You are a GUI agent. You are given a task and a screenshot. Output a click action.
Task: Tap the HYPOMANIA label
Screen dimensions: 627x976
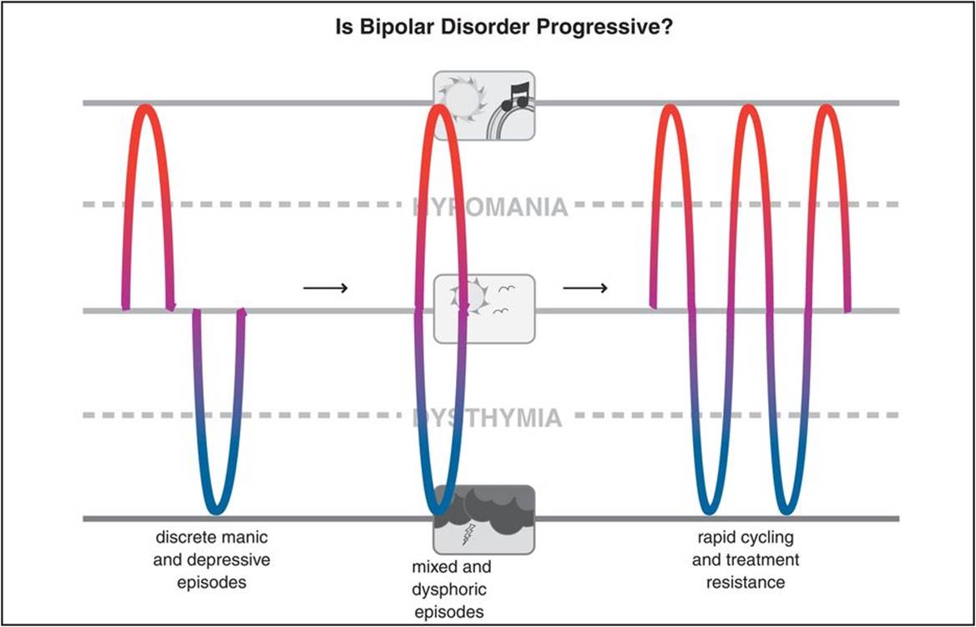click(x=490, y=206)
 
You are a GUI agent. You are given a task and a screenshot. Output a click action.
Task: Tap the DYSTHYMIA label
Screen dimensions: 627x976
click(x=487, y=417)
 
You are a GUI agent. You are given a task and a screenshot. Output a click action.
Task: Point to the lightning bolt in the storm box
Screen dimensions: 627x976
click(x=468, y=533)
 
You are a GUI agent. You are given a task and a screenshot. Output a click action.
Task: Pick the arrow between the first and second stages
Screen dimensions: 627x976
click(x=324, y=288)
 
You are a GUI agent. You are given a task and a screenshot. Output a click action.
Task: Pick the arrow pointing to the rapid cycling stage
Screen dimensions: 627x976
click(x=585, y=288)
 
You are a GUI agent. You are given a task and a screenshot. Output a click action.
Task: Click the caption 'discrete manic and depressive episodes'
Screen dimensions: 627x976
click(x=212, y=559)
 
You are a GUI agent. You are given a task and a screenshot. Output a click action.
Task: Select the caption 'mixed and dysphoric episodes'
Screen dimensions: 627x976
click(x=450, y=589)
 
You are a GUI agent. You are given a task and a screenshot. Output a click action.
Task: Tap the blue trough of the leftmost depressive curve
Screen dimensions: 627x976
click(x=215, y=508)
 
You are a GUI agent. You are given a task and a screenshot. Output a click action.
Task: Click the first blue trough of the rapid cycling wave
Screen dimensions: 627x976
click(x=708, y=508)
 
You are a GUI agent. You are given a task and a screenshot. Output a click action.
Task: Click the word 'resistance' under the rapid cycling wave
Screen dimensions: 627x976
click(x=746, y=582)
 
